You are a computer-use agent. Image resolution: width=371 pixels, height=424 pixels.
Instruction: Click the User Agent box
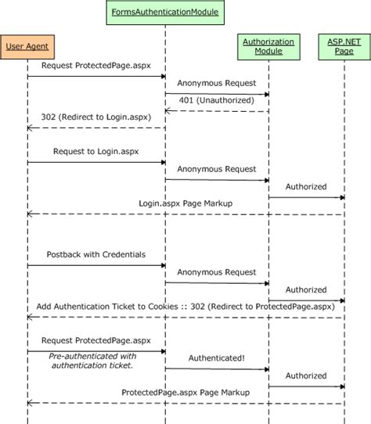[x=27, y=47]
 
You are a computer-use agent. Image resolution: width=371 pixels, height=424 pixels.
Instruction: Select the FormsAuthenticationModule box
[x=165, y=13]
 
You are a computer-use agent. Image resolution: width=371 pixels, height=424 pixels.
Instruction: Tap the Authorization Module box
[x=268, y=46]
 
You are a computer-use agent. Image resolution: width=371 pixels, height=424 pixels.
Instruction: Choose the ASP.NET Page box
[x=343, y=46]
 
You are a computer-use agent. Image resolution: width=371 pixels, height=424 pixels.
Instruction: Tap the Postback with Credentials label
[x=95, y=254]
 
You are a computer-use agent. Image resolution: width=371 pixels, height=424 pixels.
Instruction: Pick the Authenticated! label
[x=216, y=358]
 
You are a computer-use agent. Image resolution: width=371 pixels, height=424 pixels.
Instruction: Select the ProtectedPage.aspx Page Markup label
[x=185, y=392]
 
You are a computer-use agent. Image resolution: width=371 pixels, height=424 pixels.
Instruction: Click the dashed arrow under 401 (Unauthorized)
[x=217, y=111]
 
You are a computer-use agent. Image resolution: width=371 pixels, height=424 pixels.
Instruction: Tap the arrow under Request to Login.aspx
[x=96, y=163]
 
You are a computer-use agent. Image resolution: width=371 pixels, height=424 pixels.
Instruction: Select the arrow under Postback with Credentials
[x=96, y=266]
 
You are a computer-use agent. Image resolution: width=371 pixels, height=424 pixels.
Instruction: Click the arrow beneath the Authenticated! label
[x=217, y=369]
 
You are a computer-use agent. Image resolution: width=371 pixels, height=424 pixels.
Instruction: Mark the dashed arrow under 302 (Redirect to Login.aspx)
[x=96, y=128]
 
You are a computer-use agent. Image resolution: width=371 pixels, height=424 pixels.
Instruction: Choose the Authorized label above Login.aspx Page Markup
[x=306, y=186]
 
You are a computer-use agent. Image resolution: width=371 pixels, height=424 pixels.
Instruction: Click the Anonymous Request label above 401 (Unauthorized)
[x=216, y=82]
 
